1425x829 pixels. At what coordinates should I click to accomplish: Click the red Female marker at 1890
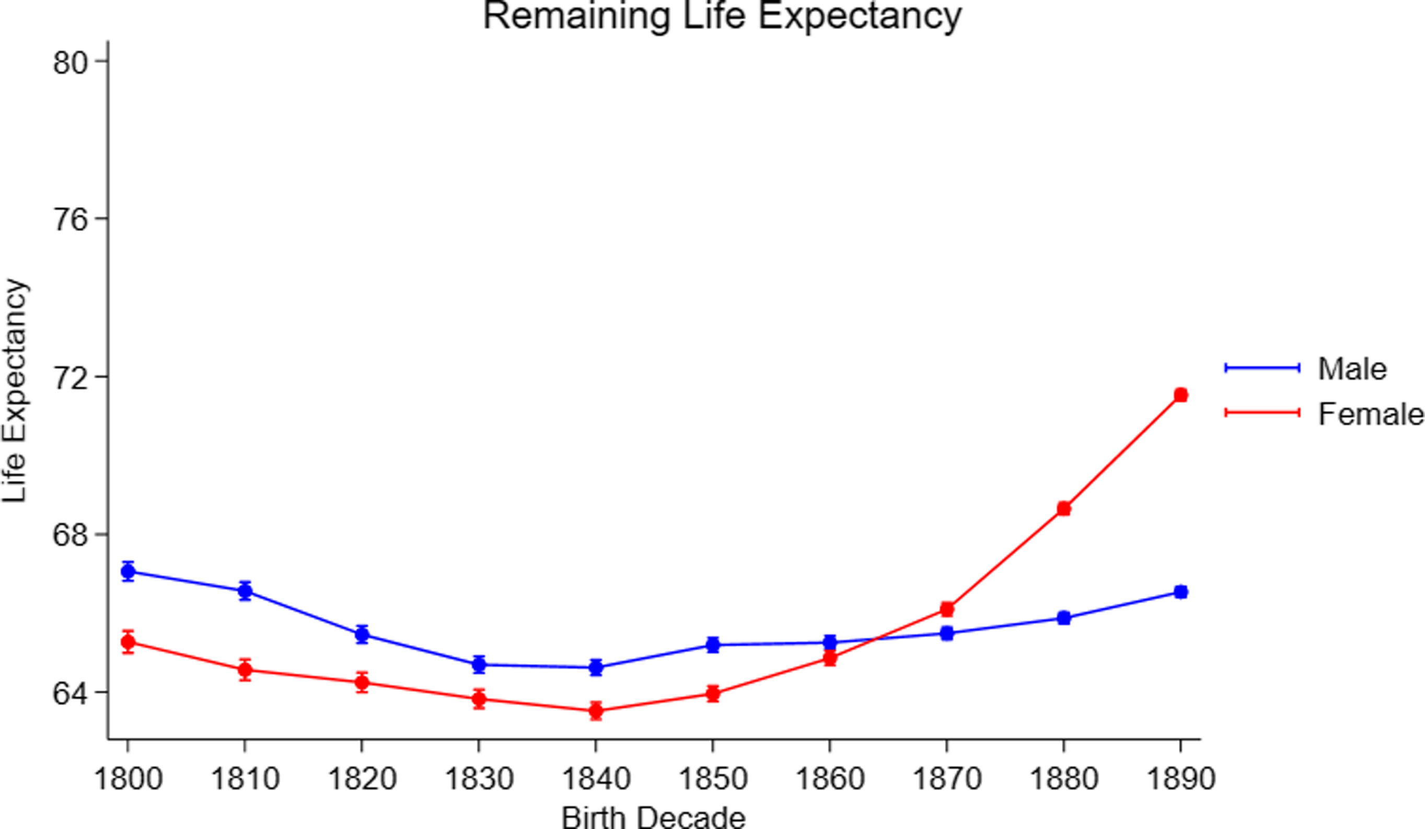click(1180, 395)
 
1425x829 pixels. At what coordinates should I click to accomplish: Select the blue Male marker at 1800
click(128, 571)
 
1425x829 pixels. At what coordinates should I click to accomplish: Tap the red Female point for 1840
click(595, 711)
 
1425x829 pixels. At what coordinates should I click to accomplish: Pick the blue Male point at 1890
click(1180, 592)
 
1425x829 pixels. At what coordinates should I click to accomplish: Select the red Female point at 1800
click(128, 642)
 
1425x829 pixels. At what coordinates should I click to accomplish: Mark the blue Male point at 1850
click(713, 644)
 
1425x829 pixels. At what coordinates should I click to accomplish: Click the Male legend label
click(1352, 369)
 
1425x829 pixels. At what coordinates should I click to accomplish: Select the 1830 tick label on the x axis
click(478, 779)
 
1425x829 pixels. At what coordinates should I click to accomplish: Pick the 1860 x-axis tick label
click(830, 779)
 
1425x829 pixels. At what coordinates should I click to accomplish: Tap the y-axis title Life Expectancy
click(14, 390)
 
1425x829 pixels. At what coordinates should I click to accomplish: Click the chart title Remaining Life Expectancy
click(722, 16)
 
